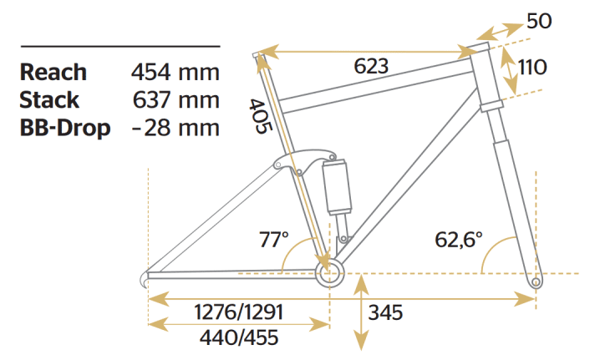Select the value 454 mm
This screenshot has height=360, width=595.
pyautogui.click(x=175, y=72)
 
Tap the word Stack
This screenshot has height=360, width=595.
pyautogui.click(x=49, y=100)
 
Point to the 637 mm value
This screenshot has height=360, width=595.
pyautogui.click(x=175, y=100)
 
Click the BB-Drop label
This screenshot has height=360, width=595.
pyautogui.click(x=65, y=129)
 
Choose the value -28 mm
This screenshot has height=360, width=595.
pyautogui.click(x=175, y=129)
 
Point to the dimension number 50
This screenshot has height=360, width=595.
pyautogui.click(x=540, y=22)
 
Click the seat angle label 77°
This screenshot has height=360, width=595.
pyautogui.click(x=273, y=240)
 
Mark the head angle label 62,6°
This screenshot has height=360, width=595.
pyautogui.click(x=459, y=241)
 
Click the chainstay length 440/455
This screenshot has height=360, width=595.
pyautogui.click(x=239, y=338)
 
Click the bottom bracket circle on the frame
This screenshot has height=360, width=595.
pyautogui.click(x=331, y=272)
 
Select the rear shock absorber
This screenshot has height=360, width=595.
pyautogui.click(x=338, y=185)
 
